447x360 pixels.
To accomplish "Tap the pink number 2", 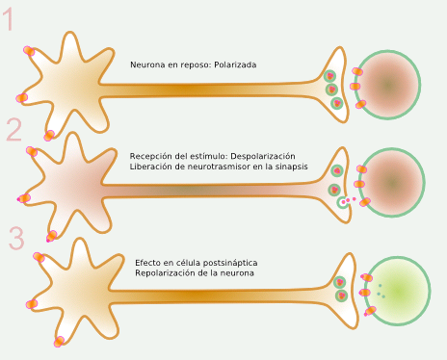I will click(13, 130).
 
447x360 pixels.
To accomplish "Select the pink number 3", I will click(16, 238).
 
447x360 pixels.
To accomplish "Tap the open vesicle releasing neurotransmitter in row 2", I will click(341, 202).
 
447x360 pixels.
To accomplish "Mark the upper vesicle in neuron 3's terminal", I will click(340, 282).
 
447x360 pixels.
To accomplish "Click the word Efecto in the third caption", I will click(148, 263).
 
